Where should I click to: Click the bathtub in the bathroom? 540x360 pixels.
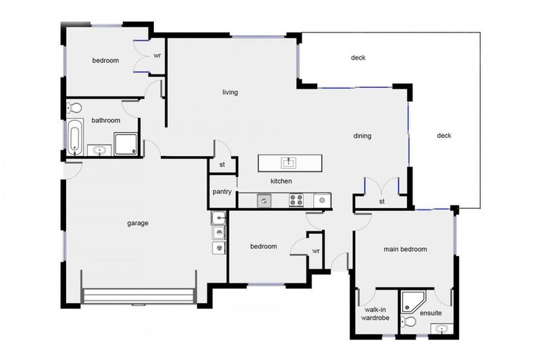(75, 137)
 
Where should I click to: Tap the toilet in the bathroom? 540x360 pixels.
(74, 108)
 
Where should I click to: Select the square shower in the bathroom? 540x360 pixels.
(126, 144)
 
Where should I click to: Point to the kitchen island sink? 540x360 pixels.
(288, 162)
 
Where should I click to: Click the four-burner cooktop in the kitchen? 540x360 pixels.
(296, 200)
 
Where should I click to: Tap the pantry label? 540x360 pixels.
(222, 191)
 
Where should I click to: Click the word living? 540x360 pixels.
(230, 92)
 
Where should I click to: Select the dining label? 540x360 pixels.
(362, 136)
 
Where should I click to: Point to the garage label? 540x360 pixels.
(138, 223)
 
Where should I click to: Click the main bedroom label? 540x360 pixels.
(405, 249)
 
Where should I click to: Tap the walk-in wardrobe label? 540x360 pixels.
(375, 314)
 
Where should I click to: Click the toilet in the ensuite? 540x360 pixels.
(409, 322)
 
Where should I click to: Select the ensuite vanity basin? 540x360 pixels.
(442, 329)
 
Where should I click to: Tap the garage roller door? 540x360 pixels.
(139, 296)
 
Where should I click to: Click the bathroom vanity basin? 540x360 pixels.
(100, 150)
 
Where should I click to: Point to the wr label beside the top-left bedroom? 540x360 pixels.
(157, 56)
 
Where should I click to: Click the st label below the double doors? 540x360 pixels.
(382, 201)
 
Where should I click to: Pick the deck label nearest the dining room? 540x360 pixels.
(444, 136)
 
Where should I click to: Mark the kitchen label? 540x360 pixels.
(281, 181)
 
